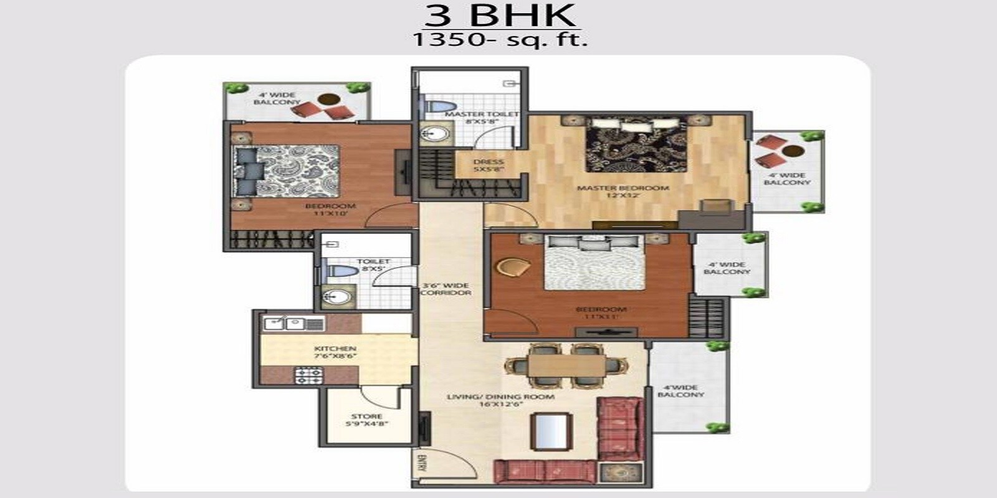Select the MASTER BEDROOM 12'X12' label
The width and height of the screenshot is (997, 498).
[x=623, y=191]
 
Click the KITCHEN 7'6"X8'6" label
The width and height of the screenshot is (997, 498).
[x=335, y=353]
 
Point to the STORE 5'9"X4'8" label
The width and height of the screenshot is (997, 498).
[x=366, y=420]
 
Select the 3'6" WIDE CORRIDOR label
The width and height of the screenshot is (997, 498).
[x=446, y=289]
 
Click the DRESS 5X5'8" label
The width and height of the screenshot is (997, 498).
[x=488, y=165]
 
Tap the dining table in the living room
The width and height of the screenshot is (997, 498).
[x=566, y=365]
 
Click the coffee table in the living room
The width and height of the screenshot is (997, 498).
[x=551, y=430]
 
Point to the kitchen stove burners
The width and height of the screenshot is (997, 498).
[x=309, y=374]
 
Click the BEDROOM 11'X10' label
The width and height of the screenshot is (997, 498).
[x=330, y=209]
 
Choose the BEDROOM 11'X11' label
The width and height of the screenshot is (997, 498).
[x=601, y=312]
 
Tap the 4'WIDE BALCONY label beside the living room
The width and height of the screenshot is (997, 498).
[x=680, y=391]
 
